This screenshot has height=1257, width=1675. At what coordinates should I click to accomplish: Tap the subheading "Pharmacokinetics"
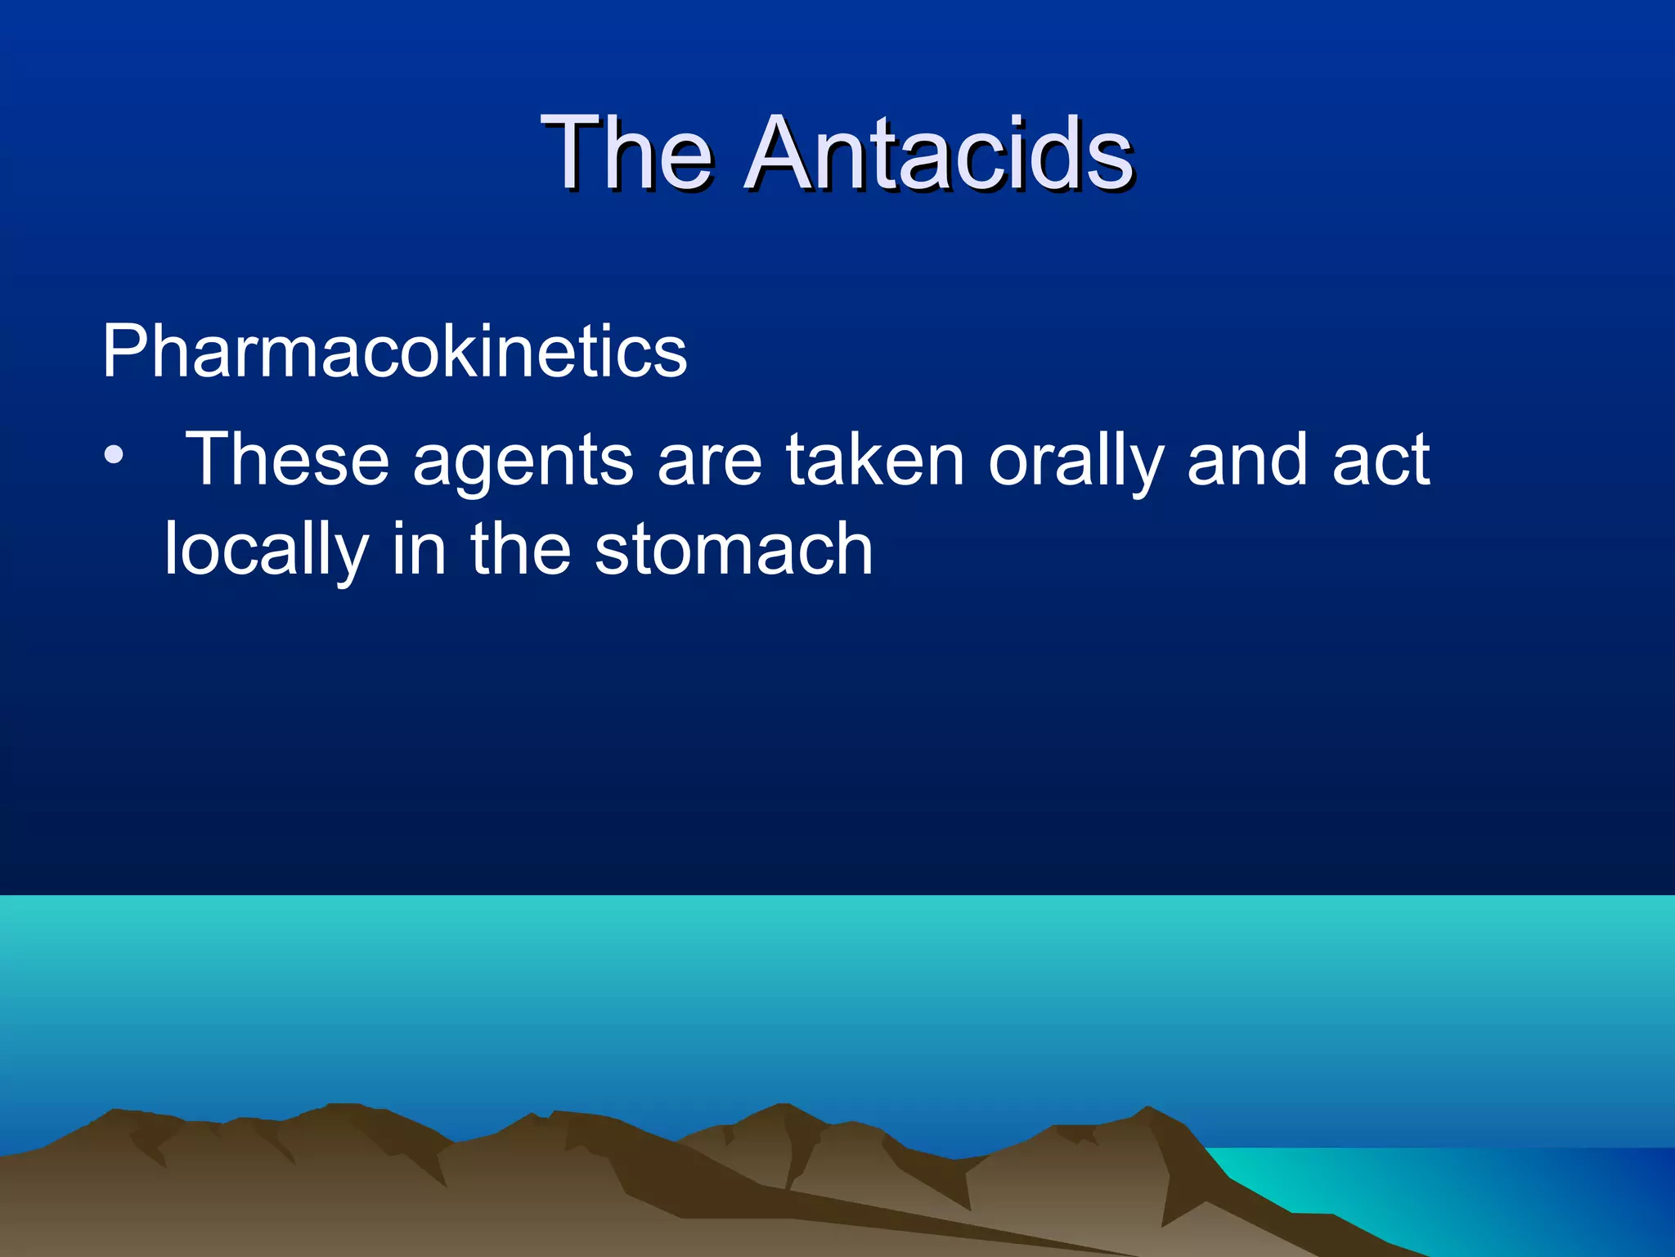click(394, 352)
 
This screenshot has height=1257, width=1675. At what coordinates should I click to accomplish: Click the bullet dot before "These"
click(114, 455)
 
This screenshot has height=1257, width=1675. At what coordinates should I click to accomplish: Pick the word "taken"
click(875, 461)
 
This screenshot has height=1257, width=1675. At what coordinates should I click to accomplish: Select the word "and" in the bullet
click(1246, 461)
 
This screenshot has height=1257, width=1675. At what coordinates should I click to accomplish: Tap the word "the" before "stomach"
click(520, 550)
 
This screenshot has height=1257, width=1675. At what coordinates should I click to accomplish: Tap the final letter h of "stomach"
click(853, 550)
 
